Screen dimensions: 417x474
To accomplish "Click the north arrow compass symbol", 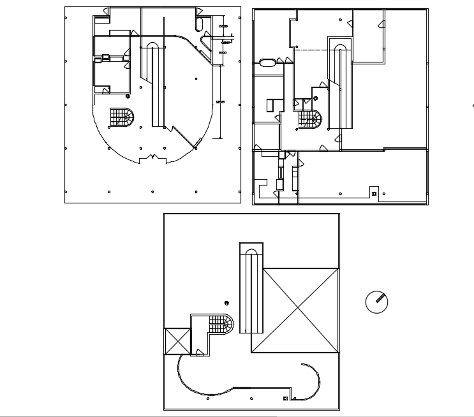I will (377, 302).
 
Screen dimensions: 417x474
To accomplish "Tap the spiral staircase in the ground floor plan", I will (122, 117).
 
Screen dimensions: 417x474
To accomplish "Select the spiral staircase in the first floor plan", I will (309, 120).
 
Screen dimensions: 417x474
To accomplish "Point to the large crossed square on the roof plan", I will (295, 310).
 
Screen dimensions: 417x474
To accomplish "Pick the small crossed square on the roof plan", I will (177, 340).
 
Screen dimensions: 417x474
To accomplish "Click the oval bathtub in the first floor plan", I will (267, 62).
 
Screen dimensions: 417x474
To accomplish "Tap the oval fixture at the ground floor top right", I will (199, 24).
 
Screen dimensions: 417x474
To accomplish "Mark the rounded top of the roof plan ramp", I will (251, 250).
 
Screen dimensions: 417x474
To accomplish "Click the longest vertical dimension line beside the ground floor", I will (221, 102).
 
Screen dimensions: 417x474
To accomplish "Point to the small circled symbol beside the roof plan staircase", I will (226, 302).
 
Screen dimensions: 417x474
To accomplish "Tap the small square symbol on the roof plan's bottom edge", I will (285, 399).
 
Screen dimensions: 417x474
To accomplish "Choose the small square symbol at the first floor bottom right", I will (374, 193).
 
